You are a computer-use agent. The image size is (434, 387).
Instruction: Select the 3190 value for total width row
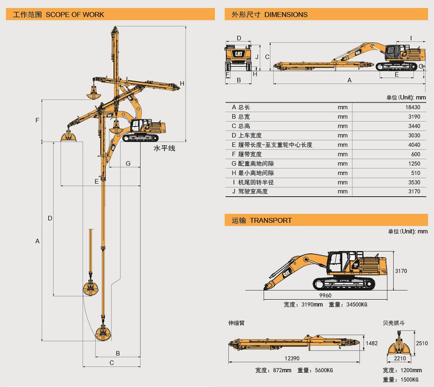(414, 117)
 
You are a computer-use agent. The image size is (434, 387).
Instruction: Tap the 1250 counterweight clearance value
(414, 164)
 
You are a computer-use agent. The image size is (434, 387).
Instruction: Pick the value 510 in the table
(415, 173)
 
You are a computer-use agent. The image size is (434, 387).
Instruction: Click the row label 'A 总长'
(241, 107)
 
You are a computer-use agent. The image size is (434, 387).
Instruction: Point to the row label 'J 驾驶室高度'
(250, 192)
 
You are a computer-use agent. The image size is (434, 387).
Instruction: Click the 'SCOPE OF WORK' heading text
(74, 14)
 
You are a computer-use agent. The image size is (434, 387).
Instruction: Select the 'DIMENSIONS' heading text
(286, 14)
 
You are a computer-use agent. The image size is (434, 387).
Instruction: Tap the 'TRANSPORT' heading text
(270, 220)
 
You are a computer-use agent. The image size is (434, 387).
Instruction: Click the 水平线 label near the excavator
(164, 148)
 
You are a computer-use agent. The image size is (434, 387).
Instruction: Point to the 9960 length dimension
(325, 295)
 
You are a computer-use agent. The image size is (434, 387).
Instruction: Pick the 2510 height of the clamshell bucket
(422, 343)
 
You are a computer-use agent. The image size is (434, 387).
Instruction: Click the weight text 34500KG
(354, 304)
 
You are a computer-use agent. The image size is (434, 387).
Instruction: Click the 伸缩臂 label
(236, 323)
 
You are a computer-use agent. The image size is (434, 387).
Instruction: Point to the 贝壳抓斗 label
(394, 323)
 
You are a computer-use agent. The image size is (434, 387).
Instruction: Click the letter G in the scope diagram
(128, 164)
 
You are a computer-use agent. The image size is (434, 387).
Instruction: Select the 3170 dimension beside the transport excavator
(402, 271)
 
